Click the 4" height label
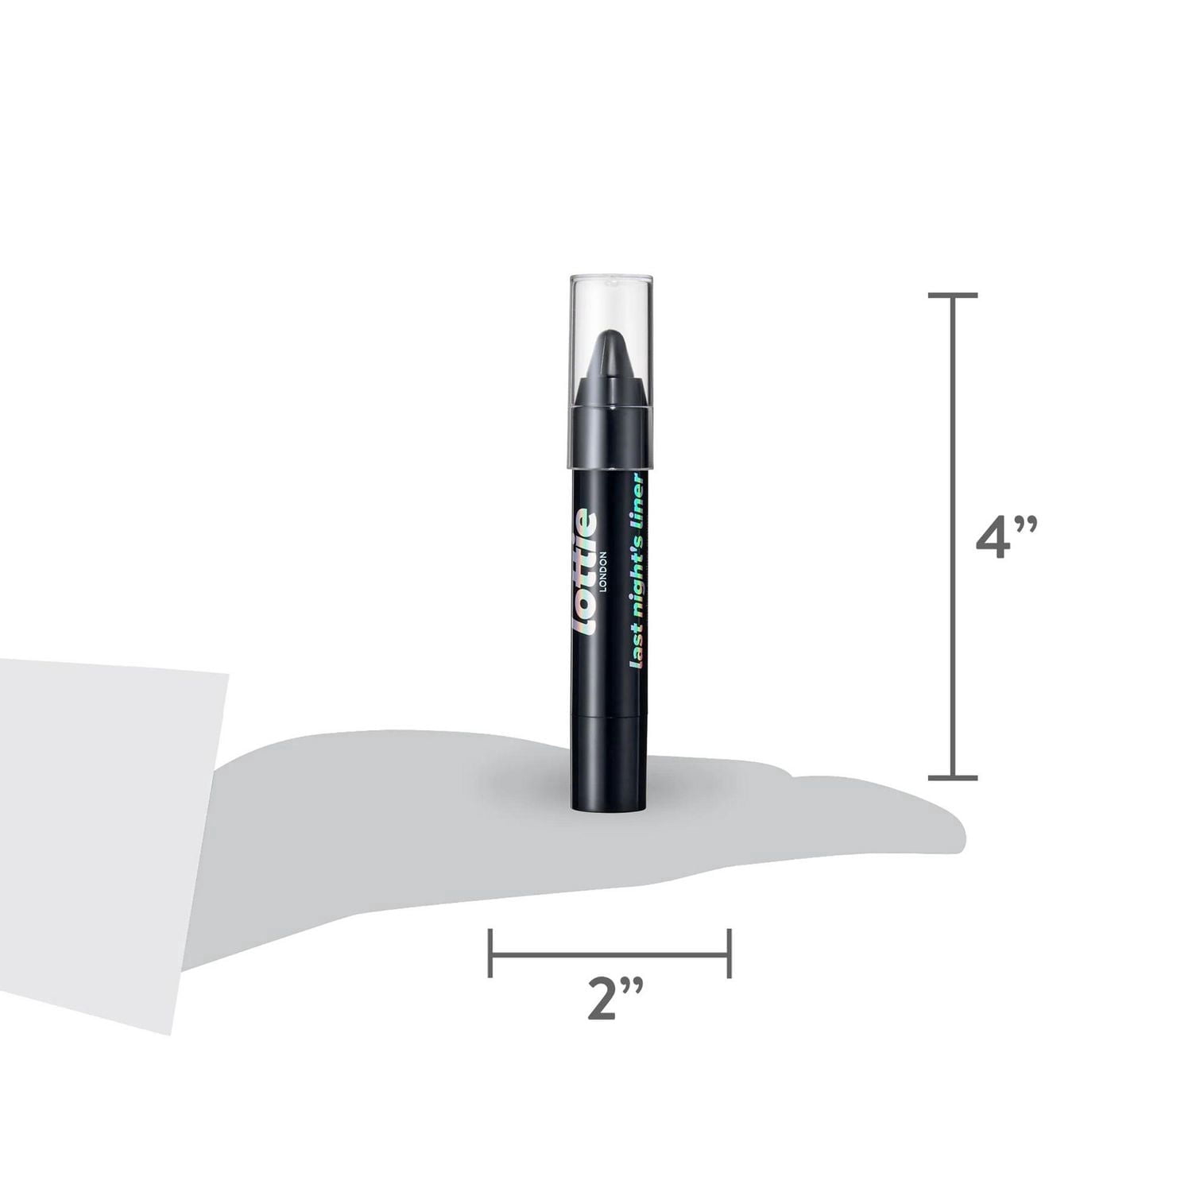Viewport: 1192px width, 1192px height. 1005,540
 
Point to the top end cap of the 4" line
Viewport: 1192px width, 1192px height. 953,296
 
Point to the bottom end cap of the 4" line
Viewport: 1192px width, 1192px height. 953,777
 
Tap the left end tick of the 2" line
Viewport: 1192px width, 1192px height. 491,952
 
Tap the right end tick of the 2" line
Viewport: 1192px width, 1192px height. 729,952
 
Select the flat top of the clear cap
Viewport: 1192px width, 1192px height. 611,278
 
